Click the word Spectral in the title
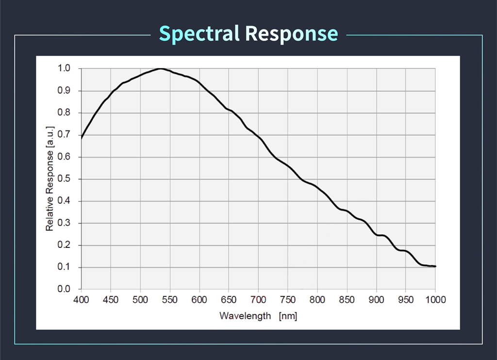199,33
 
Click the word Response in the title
291,33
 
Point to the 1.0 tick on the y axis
64,68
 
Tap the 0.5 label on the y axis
64,179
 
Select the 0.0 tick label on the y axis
64,290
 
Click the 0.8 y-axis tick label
64,113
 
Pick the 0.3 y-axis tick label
64,223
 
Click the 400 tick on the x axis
81,299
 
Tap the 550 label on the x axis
170,299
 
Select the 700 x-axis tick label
258,299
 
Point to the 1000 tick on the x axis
435,299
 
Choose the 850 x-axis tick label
347,299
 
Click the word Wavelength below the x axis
245,316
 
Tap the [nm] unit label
288,316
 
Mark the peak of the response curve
161,69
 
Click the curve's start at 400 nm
82,138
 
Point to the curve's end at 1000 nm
435,266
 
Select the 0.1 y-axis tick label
64,267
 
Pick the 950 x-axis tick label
406,299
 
